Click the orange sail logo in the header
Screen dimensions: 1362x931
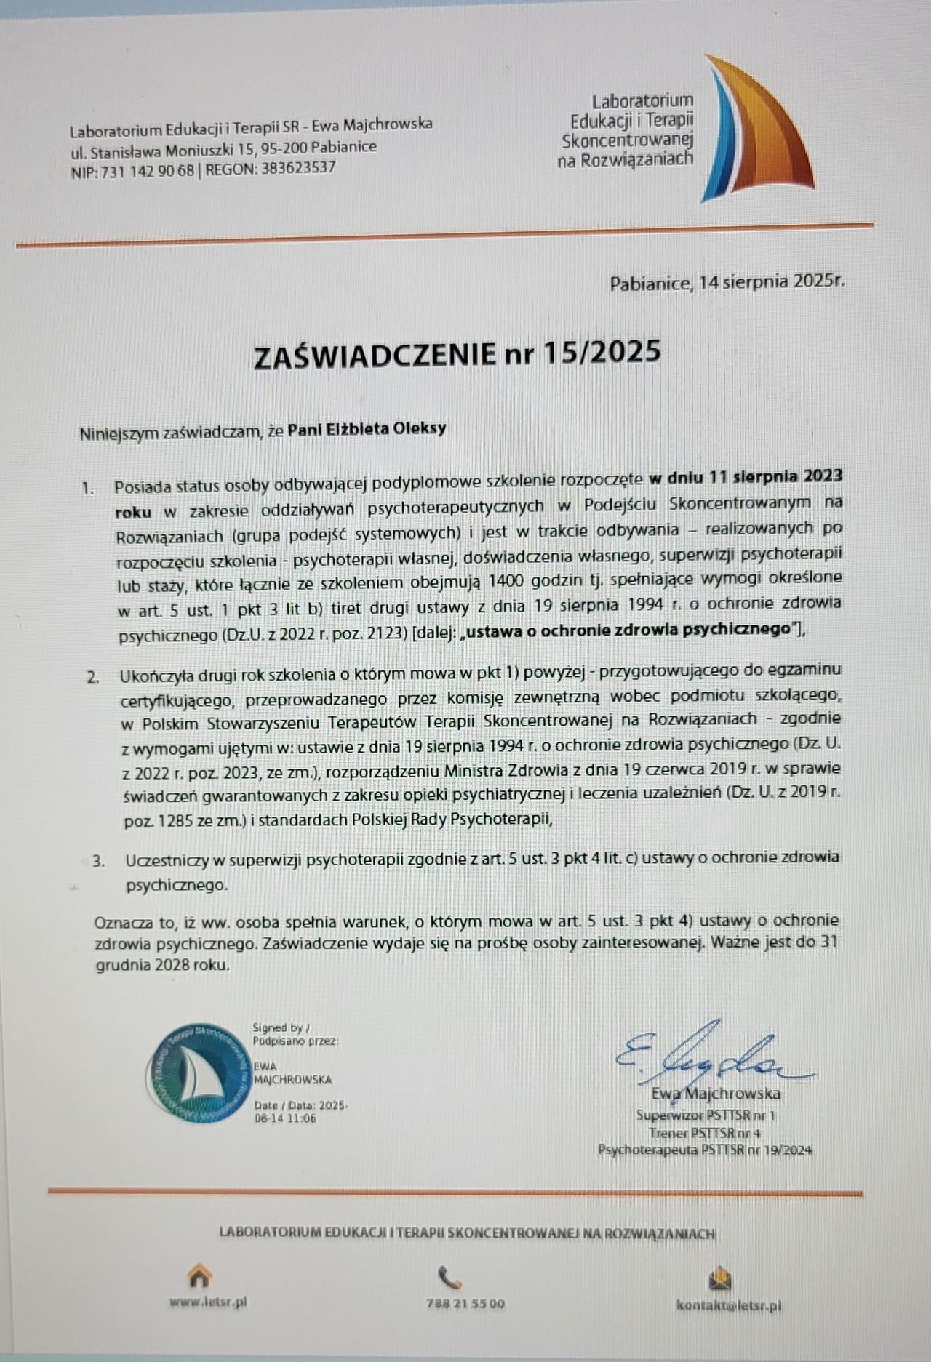pos(756,131)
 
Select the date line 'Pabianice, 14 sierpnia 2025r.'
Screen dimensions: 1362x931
pos(727,282)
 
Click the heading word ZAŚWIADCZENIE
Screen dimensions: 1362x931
pos(374,355)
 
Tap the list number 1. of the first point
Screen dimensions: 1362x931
pos(88,488)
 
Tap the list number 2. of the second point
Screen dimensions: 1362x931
pos(93,677)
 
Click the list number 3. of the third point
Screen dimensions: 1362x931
pos(98,862)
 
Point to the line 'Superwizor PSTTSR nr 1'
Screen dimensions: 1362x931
pos(706,1115)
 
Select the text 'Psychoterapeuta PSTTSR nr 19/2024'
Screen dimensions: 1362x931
pos(705,1150)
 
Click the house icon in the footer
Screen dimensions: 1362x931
pos(199,1276)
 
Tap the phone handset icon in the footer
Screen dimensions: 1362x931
pos(449,1277)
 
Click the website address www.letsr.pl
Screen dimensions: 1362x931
pos(208,1302)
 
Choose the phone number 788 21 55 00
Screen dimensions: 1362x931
pos(465,1304)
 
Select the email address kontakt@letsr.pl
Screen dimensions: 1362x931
pos(729,1305)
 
